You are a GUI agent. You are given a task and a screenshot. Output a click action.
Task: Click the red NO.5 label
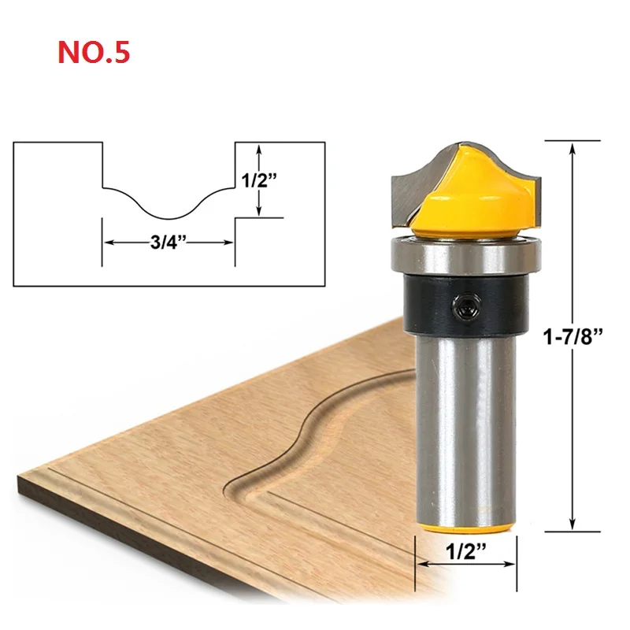[x=94, y=52]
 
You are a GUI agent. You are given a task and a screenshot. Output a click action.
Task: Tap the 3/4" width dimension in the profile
[x=169, y=243]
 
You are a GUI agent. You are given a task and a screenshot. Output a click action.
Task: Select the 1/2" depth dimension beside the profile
[x=260, y=180]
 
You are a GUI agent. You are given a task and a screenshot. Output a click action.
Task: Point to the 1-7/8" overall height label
[x=573, y=337]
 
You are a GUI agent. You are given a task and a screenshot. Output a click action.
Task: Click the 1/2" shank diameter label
[x=466, y=552]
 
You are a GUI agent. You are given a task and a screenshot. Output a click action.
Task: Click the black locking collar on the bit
[x=465, y=305]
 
